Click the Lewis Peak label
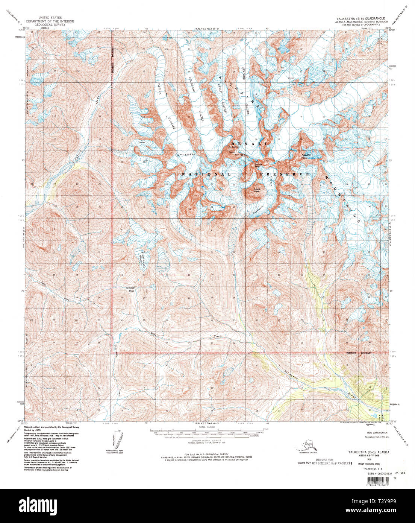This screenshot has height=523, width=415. (257, 190)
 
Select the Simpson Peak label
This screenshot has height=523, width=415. (131, 289)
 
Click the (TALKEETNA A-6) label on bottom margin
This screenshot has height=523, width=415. (204, 424)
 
